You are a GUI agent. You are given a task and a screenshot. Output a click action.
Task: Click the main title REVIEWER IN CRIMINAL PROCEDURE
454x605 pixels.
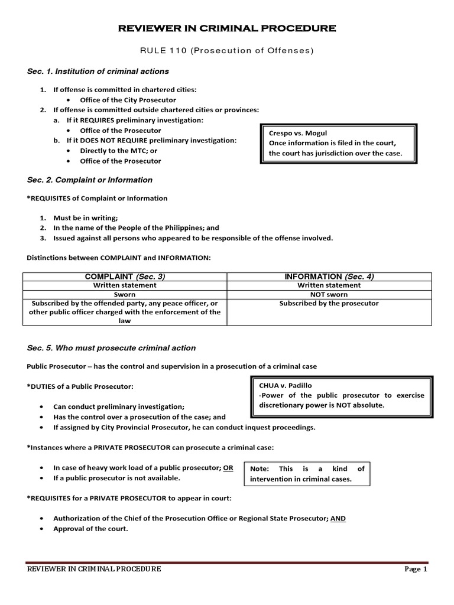point(227,28)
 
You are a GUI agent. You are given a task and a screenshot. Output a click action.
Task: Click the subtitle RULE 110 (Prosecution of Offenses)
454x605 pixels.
point(227,50)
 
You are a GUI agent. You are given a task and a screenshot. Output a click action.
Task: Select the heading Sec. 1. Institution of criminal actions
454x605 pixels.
point(98,71)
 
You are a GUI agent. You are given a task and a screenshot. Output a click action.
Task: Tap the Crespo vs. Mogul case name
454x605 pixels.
point(298,133)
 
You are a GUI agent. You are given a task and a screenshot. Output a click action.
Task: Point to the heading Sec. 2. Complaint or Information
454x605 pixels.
point(89,180)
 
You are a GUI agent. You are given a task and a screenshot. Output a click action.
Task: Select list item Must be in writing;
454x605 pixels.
point(86,217)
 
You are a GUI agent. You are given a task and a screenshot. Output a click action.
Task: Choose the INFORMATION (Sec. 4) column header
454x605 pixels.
point(329,277)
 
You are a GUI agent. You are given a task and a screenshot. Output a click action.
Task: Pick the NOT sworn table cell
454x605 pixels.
point(329,294)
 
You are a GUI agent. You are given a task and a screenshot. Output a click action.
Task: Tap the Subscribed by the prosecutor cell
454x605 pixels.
point(329,303)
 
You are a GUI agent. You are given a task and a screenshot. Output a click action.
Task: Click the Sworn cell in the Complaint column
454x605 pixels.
point(124,294)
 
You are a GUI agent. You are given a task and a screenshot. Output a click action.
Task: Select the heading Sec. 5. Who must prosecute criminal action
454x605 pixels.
point(111,348)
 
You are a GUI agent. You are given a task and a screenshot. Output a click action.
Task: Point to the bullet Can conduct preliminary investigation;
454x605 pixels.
point(119,406)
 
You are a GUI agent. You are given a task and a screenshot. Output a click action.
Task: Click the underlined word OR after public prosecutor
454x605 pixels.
point(228,467)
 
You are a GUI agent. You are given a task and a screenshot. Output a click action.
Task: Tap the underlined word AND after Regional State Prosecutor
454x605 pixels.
point(338,518)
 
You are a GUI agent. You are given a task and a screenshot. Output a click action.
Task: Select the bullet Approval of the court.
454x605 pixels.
point(90,529)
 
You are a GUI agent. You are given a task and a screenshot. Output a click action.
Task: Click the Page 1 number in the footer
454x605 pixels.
point(416,569)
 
